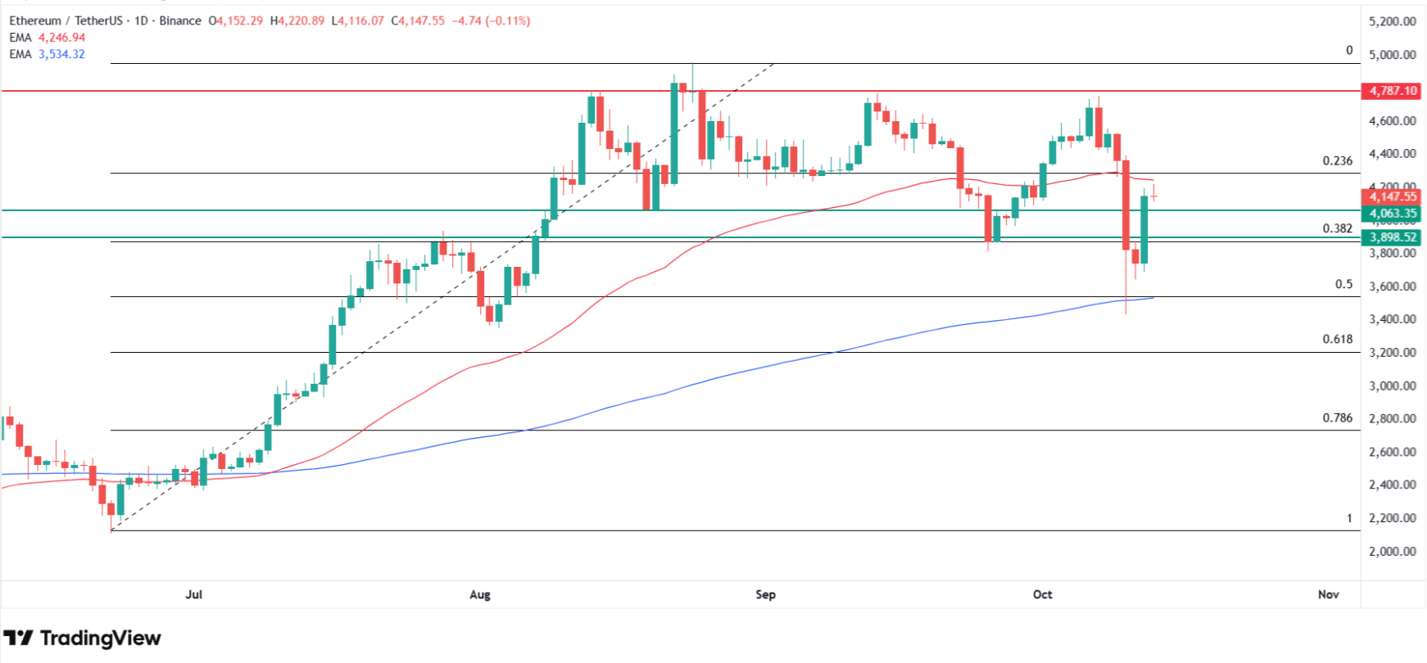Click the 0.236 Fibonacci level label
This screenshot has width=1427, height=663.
point(1338,161)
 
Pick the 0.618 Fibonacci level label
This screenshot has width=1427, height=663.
point(1338,339)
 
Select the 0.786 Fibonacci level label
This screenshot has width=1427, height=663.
point(1338,418)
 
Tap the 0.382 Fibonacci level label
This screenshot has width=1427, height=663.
point(1338,228)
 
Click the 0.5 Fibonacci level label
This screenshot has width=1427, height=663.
point(1343,285)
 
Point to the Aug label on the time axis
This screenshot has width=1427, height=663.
point(480,594)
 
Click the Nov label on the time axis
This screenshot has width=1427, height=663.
point(1328,594)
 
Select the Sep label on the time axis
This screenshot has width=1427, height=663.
point(765,594)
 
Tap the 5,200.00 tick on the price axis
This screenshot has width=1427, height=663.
point(1392,21)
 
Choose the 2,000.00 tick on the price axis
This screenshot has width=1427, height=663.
point(1392,551)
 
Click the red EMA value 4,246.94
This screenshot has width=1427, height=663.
point(61,38)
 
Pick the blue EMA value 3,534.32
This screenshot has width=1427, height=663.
point(61,54)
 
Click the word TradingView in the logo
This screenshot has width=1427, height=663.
point(100,638)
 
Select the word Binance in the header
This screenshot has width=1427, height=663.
point(180,20)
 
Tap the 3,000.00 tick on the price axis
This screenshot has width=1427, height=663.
point(1392,386)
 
